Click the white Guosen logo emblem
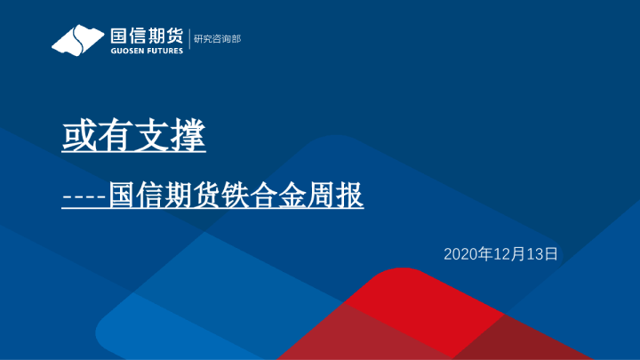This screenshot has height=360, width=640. pos(77,41)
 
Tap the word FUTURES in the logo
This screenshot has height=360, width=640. pos(165,52)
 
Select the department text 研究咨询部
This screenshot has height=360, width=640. pos(217,39)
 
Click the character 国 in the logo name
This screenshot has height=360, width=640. pos(119,36)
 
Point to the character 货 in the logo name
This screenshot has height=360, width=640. pos(174,36)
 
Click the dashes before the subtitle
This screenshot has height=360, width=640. pos(84,196)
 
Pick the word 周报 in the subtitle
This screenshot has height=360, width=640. pos(342,196)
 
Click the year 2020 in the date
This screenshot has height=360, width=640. pos(460,254)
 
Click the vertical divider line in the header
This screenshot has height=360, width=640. pos(189,40)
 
